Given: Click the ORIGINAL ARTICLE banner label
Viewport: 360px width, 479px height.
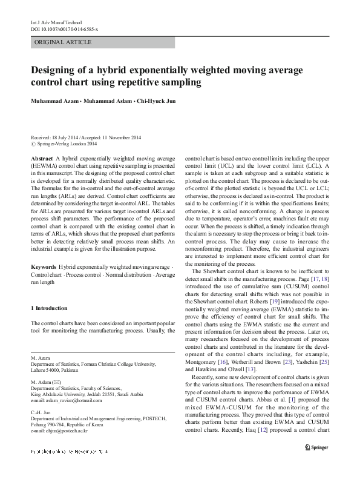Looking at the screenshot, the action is (64, 42).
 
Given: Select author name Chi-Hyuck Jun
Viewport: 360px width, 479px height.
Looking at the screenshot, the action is (155, 101).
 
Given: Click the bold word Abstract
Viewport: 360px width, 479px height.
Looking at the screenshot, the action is (41, 158).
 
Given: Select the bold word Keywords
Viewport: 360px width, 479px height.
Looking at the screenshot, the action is (44, 267).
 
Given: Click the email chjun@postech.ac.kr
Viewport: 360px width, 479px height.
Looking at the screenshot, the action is (59, 431).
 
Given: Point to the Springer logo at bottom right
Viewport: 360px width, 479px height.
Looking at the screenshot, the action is (315, 466).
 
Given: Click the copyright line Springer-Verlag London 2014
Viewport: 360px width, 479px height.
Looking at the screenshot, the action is (67, 145).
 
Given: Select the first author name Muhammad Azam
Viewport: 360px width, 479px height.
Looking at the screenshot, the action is (53, 101).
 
